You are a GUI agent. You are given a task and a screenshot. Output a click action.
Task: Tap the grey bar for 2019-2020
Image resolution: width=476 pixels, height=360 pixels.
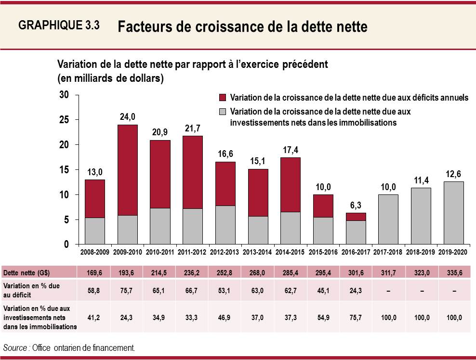453,213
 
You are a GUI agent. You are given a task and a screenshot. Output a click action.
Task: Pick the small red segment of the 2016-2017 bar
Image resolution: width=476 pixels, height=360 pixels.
356,217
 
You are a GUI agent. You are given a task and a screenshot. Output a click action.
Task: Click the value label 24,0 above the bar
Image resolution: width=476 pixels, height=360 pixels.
127,117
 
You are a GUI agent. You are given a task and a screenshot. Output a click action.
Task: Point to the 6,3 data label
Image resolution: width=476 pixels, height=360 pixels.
356,205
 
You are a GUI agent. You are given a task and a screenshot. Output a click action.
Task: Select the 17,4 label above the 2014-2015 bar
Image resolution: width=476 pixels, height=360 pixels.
291,150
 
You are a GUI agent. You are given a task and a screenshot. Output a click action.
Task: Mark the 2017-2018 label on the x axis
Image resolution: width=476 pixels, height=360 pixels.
388,252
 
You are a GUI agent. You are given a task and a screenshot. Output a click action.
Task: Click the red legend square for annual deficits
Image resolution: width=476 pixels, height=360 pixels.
222,98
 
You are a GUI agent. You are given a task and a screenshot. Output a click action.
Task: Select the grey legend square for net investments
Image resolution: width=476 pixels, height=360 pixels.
222,112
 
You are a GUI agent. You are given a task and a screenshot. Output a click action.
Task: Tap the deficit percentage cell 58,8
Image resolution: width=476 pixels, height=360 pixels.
94,290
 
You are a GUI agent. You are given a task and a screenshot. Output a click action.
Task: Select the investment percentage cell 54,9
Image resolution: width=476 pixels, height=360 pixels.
323,318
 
